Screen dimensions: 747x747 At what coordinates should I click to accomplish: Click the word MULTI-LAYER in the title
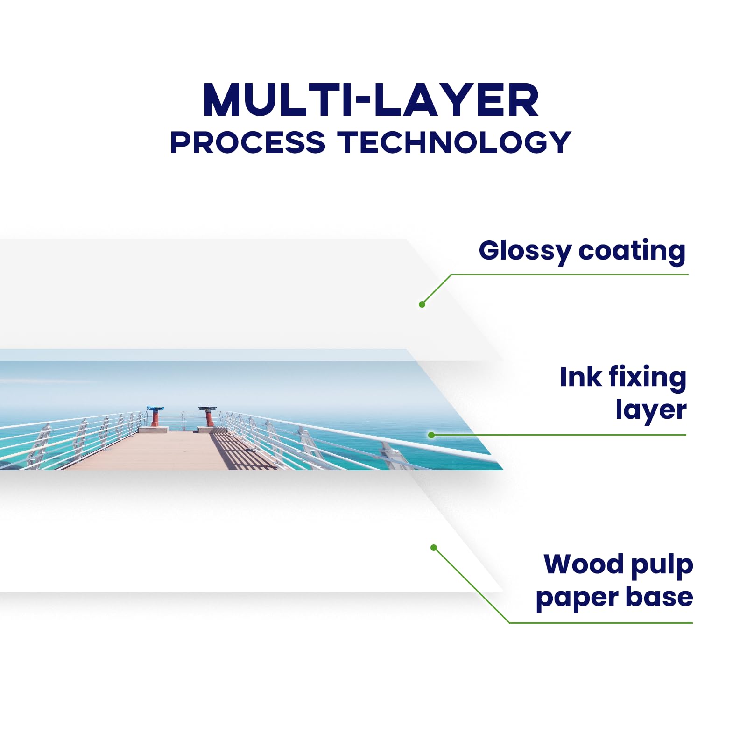point(371,100)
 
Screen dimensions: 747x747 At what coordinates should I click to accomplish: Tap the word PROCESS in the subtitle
point(247,142)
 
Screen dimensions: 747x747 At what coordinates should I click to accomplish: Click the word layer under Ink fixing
point(651,410)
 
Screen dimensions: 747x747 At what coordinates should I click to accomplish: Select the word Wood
point(583,564)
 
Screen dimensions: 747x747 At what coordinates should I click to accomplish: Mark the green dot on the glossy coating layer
point(422,304)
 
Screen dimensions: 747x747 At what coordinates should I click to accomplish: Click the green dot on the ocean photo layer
point(431,435)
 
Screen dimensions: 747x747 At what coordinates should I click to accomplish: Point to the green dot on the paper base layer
point(434,548)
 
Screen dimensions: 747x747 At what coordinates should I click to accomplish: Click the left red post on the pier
point(155,417)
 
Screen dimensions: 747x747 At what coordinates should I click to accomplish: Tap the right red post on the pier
point(209,417)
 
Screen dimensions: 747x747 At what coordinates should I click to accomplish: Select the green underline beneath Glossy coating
point(570,275)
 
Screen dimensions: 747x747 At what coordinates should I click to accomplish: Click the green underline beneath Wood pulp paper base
point(600,622)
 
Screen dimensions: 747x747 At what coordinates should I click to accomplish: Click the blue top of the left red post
point(155,409)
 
